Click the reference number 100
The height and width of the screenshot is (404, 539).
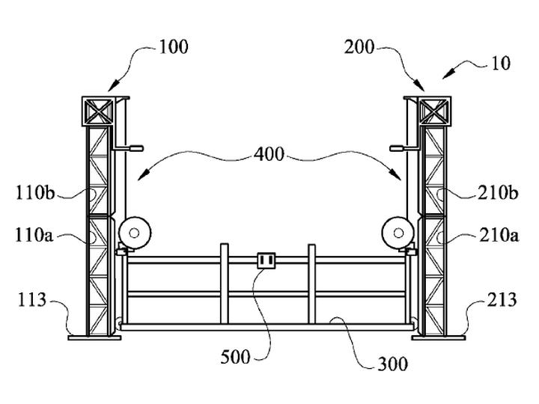coord(174,46)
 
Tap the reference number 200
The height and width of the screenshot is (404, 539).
coord(359,46)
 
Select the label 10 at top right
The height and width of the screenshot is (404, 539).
coord(501,63)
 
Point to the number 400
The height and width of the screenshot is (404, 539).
coord(269,154)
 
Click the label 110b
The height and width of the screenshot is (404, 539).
coord(35,192)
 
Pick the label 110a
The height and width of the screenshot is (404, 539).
coord(34,236)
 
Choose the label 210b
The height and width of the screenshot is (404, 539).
coord(497,193)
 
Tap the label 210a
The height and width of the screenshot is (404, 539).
coord(499,236)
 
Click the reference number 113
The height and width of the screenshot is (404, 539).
coord(31,299)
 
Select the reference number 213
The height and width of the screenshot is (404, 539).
coord(502,299)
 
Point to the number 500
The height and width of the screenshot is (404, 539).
coord(235,357)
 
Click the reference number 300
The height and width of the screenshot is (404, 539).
coord(392,364)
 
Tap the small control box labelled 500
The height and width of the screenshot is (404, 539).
coord(267,261)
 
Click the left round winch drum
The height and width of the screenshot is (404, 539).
coord(135,233)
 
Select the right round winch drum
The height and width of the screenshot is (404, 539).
coord(398,233)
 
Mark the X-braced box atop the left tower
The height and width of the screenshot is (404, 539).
coord(97,111)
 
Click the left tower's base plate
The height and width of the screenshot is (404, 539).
coord(94,337)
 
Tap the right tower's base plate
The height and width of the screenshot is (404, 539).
coord(439,337)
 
